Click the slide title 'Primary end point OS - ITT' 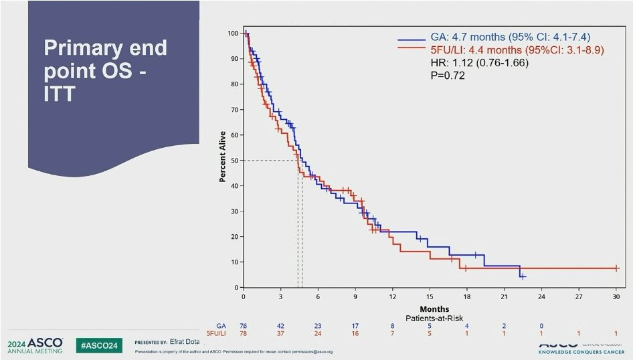pos(105,70)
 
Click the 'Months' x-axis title pos(430,309)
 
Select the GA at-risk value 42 pos(281,326)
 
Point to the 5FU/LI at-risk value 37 pos(281,333)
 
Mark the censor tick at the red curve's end pos(616,268)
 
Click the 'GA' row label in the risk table pos(221,326)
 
